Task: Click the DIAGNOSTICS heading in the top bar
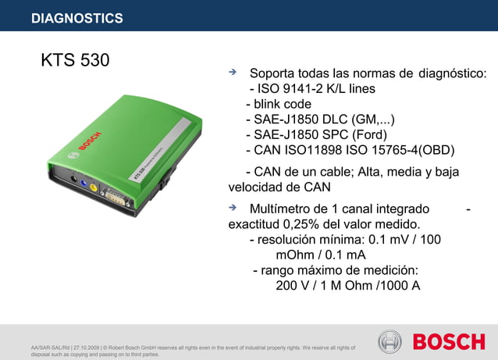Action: [x=76, y=18]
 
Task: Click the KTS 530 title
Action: [x=75, y=60]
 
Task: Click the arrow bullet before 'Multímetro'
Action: [x=232, y=208]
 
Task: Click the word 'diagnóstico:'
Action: [x=453, y=74]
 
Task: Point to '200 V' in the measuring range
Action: [x=294, y=285]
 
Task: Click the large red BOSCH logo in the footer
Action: [x=449, y=342]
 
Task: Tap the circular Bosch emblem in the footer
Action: [x=390, y=342]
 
